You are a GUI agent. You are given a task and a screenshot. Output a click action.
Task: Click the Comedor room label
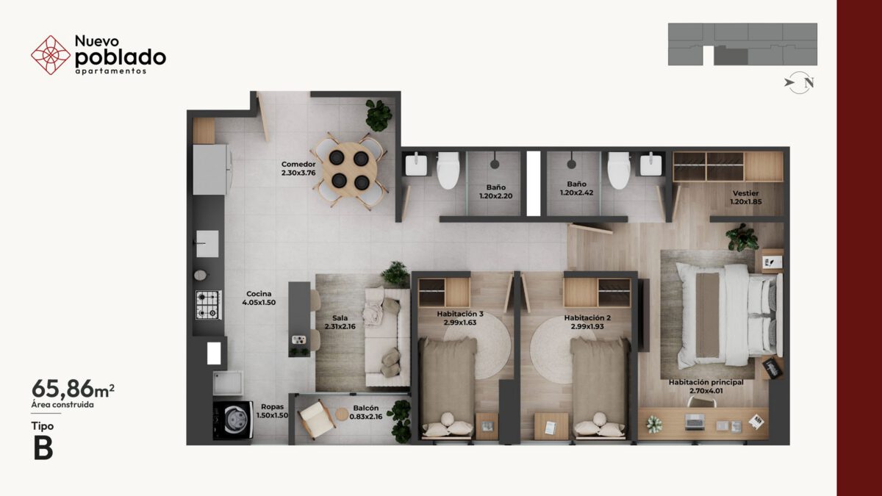pos(298,164)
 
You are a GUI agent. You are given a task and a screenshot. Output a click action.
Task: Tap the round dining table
pos(349,170)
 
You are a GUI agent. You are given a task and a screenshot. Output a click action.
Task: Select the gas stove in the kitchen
pos(209,305)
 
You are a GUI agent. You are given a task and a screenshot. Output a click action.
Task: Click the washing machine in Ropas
pos(233,420)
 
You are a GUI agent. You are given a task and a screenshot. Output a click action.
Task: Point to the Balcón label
pos(366,409)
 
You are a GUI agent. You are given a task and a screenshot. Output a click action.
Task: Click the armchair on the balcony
pos(316,419)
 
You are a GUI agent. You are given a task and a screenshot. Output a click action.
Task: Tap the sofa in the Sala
pos(387,337)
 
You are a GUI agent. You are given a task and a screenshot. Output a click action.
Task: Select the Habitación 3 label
pos(460,315)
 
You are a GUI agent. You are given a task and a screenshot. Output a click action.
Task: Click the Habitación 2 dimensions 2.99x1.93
pos(587,326)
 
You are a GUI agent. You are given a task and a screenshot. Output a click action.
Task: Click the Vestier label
pos(746,193)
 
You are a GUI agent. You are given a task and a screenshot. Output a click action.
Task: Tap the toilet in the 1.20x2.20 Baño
pos(448,170)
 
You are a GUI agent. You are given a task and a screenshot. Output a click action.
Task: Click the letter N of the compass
pos(808,83)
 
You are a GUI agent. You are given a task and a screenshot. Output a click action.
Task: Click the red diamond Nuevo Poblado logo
pos(51,55)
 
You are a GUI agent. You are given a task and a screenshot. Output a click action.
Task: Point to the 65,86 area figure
pos(62,389)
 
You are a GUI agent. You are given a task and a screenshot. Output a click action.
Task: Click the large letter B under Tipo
pos(43,448)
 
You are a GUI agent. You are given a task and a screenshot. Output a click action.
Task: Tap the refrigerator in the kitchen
pos(211,169)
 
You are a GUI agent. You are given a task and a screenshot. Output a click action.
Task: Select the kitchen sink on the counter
pos(207,244)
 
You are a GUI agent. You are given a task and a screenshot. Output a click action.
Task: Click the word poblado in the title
pos(120,57)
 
